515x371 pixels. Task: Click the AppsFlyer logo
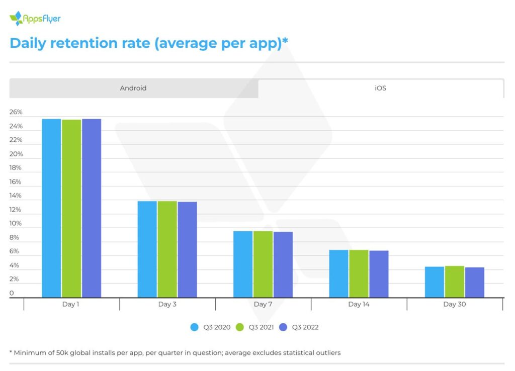click(x=35, y=19)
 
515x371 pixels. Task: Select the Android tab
click(x=133, y=88)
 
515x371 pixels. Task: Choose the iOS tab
click(x=381, y=88)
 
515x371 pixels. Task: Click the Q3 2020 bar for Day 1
click(x=51, y=208)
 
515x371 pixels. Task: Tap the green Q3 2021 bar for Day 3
click(x=167, y=249)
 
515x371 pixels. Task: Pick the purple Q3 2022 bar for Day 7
click(x=283, y=264)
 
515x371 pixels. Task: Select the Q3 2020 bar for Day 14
click(x=338, y=273)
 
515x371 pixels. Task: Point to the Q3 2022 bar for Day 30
click(x=474, y=282)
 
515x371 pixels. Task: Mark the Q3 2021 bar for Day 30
click(x=454, y=282)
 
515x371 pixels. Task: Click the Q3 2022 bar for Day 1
click(x=92, y=208)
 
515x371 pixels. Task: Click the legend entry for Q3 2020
click(x=211, y=327)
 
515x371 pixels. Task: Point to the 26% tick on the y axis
click(x=16, y=112)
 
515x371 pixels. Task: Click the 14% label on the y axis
click(x=16, y=196)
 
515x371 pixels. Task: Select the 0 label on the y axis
click(x=12, y=293)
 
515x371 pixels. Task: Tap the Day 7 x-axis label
click(x=260, y=304)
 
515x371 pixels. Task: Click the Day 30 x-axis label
click(x=454, y=304)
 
